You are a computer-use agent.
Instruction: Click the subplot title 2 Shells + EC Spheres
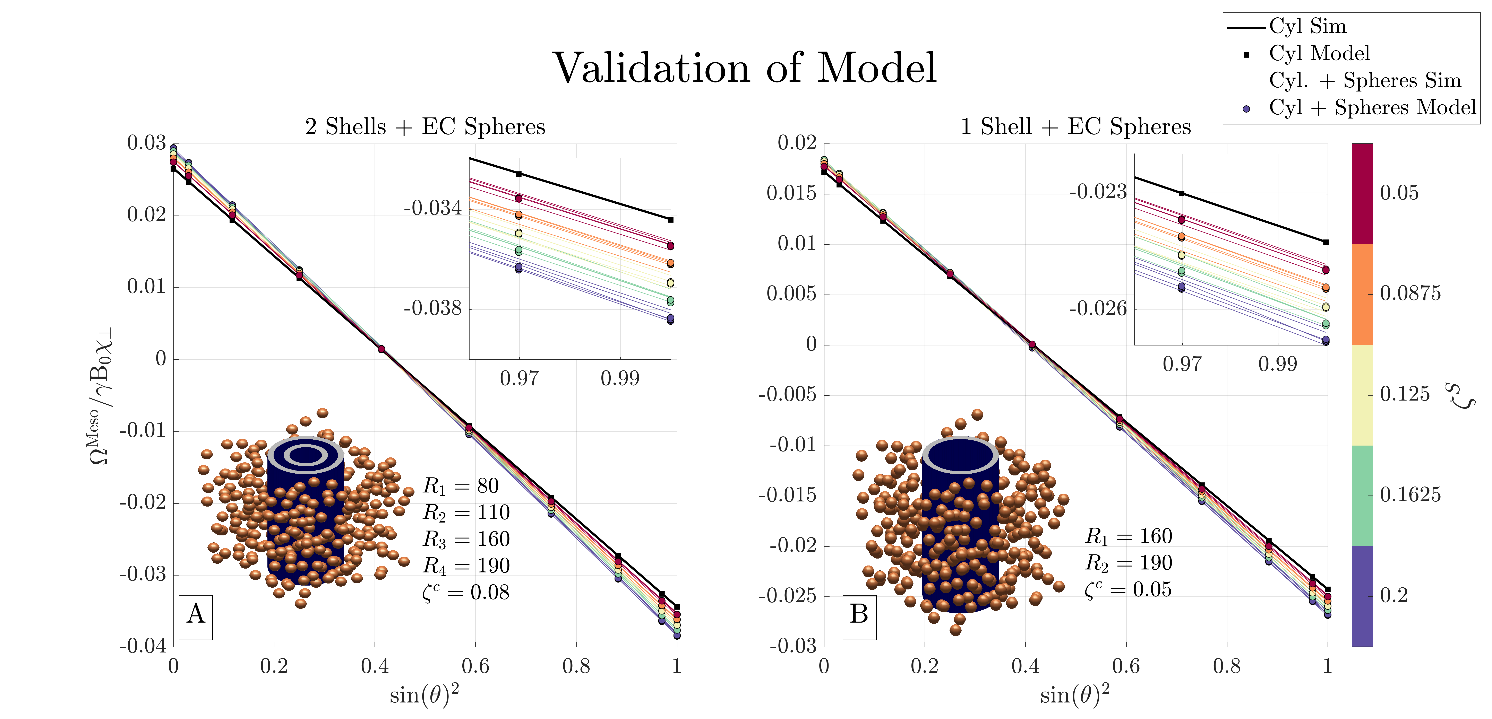425,127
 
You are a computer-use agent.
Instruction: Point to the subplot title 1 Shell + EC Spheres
1075,127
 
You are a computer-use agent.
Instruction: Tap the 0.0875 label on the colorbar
1410,293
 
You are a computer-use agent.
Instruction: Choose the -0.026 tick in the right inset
1098,309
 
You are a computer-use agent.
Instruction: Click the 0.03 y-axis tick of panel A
147,143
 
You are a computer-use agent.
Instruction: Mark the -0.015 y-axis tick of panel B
788,496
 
